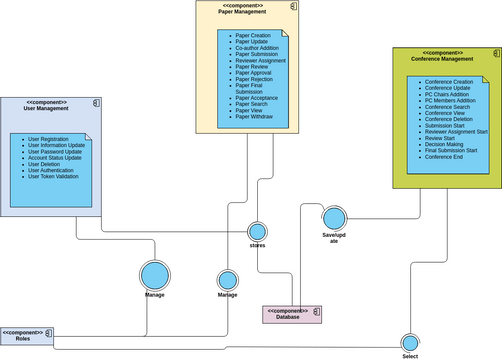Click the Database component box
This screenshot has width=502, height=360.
292,314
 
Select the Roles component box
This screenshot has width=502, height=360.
27,335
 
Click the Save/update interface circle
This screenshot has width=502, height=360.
333,218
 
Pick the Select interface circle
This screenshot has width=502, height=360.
409,342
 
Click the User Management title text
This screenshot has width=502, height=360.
46,109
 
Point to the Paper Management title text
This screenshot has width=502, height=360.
241,12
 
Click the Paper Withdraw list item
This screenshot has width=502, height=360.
254,117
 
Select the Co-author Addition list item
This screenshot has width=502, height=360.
258,47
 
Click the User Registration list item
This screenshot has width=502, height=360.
48,139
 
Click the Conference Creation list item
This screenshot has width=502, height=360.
449,82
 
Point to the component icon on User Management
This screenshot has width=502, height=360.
96,104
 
